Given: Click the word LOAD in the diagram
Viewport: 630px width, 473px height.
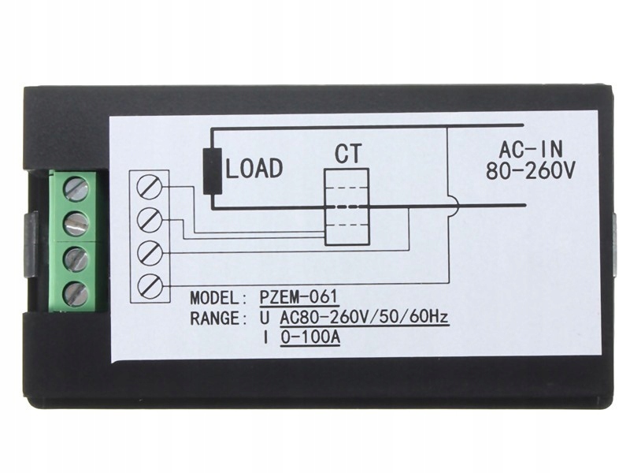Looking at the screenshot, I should coord(254,168).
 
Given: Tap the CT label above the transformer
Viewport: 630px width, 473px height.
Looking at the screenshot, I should coord(347,153).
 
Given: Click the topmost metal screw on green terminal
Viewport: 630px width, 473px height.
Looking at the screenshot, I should coord(76,188).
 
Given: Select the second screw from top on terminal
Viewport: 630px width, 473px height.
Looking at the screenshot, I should coord(76,222).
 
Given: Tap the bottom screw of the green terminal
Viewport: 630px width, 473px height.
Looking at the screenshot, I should coord(76,293).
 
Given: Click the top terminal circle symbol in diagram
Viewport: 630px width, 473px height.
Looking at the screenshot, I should coord(150,186).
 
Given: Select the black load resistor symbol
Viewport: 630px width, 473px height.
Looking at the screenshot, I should coord(211,170).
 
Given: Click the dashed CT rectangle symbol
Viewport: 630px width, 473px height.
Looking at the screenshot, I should coord(346,206).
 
